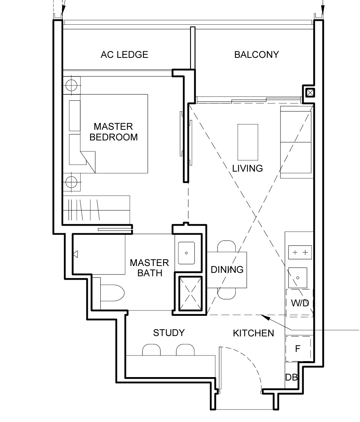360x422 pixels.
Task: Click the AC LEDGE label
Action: coord(124,55)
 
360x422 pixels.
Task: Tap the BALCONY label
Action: coord(257,55)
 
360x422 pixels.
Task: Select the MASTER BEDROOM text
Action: coord(113,132)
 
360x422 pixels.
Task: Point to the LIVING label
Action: coord(247,169)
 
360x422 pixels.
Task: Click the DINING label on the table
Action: coord(227,269)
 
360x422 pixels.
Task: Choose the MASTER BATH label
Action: coord(149,268)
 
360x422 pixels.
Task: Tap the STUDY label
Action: coord(169,333)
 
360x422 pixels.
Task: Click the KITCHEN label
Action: coord(253,333)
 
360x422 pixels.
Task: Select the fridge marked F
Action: coord(298,349)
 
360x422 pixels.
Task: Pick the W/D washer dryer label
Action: coord(300,303)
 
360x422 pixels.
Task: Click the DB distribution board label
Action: coord(291,377)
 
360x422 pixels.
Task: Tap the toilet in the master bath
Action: coord(113,293)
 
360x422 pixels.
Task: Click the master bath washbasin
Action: coord(186,253)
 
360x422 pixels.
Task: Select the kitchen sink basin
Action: coord(298,277)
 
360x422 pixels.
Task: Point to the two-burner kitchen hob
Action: coord(300,252)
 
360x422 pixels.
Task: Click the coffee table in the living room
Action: coord(248,142)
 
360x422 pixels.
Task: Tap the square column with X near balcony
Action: coord(310,93)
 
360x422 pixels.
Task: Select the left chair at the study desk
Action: coord(151,350)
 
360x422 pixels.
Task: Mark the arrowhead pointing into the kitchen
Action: coord(265,317)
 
